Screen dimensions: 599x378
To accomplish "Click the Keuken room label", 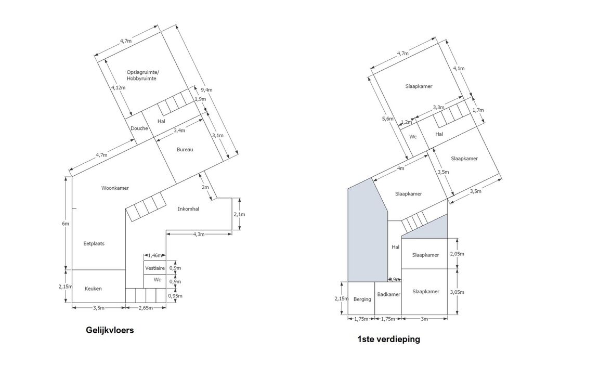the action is pos(93,289).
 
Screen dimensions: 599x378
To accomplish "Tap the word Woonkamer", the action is pos(115,188).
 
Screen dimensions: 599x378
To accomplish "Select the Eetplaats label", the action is pos(94,243).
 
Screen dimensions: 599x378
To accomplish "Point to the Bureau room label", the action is pos(185,150).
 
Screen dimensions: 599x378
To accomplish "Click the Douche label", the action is pos(139,128).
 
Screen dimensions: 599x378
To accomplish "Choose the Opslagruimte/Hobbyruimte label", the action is pos(142,75).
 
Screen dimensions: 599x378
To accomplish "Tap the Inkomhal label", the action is pos(188,209).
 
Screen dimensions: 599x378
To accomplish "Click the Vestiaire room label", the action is pos(155,268).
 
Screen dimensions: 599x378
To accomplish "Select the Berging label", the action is pos(362,299).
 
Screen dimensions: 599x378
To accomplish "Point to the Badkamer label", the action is pos(389,294).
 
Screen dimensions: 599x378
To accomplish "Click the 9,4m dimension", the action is pos(206,90).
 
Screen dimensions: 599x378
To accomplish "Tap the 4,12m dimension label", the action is pos(119,87).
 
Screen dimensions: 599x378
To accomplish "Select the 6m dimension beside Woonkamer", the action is pos(66,224).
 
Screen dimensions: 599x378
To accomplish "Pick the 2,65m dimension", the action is pos(146,308).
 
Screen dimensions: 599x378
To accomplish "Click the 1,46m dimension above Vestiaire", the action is pos(155,255).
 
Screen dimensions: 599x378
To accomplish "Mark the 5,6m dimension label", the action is pos(388,119).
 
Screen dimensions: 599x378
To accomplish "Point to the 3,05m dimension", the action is pos(457,292).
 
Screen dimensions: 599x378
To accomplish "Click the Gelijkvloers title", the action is pos(110,330).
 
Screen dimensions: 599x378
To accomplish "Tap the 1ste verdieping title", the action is pos(388,339).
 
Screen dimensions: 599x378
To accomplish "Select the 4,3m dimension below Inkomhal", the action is pos(199,234).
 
